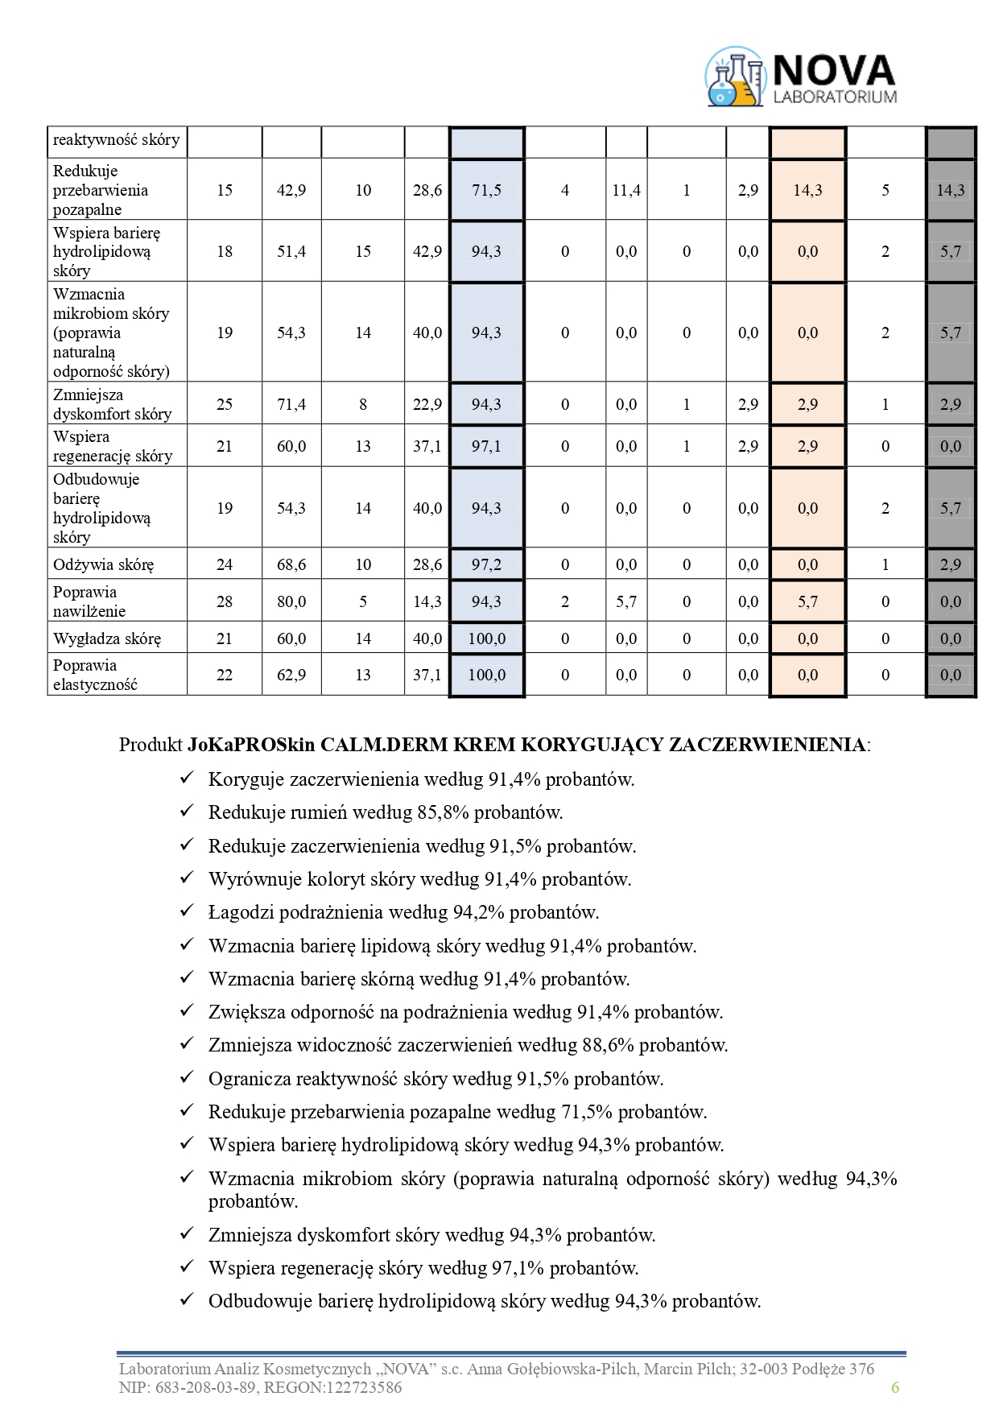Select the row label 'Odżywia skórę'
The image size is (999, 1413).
click(x=103, y=564)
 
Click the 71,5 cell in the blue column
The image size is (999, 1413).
click(x=486, y=190)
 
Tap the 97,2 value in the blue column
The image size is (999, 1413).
click(x=486, y=564)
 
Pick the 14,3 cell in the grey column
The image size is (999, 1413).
click(x=950, y=190)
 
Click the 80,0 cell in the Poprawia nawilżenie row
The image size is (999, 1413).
click(x=291, y=601)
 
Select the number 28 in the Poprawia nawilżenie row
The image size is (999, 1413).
click(x=225, y=601)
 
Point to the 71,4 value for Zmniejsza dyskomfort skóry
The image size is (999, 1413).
click(x=291, y=404)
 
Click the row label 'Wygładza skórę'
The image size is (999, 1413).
click(x=107, y=639)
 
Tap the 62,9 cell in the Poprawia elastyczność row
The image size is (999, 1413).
click(x=291, y=675)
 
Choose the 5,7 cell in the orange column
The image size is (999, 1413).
click(x=807, y=601)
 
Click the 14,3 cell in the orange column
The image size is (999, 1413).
click(x=807, y=190)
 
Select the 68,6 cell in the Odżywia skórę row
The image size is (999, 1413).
click(x=291, y=564)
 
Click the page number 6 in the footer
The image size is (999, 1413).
click(x=894, y=1387)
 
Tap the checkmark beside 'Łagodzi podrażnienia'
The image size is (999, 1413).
click(x=187, y=911)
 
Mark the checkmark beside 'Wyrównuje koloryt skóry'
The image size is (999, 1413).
click(x=187, y=878)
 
